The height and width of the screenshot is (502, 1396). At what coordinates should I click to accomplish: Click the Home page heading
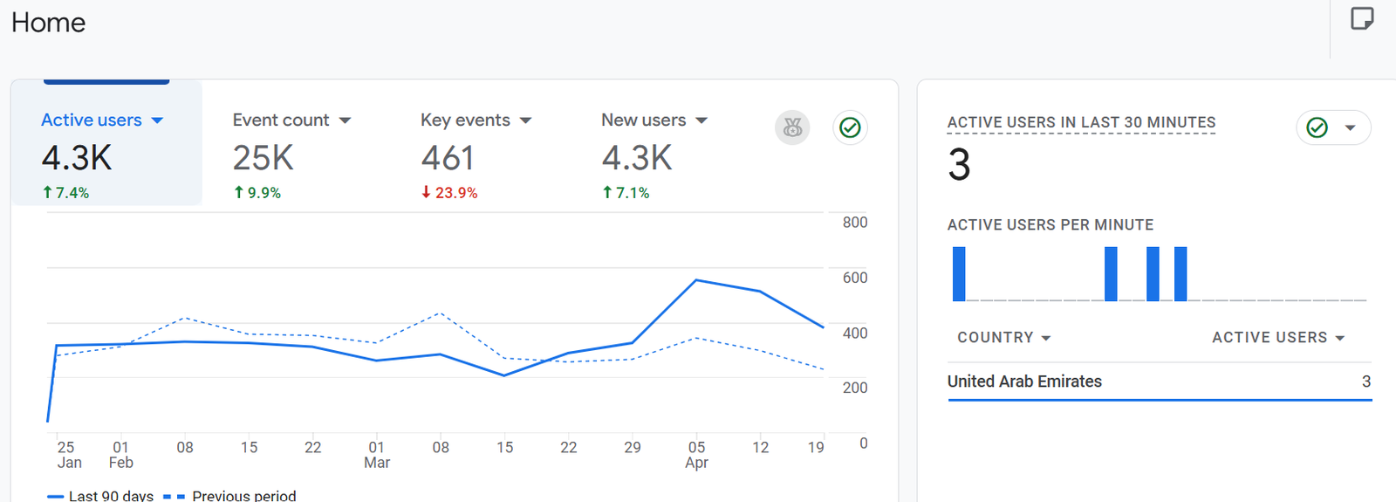(x=49, y=23)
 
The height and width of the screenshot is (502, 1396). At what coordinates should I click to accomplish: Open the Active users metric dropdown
(x=157, y=120)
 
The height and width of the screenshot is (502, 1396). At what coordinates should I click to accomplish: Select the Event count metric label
(x=281, y=120)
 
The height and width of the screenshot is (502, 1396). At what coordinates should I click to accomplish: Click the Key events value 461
(x=448, y=159)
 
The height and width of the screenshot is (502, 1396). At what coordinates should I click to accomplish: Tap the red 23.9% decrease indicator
(x=449, y=193)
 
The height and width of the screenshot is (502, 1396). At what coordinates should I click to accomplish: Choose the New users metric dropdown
(x=701, y=120)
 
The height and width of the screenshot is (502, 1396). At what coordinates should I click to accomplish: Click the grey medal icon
(x=792, y=127)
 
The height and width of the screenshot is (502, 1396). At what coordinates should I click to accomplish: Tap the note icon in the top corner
(x=1362, y=18)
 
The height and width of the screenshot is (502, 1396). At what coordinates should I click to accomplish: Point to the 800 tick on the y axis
(x=854, y=223)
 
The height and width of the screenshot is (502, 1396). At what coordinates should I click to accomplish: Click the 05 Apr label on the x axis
(x=696, y=455)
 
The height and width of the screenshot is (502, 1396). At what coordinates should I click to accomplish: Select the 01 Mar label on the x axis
(x=377, y=455)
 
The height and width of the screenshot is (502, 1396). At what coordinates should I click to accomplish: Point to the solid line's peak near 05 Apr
(x=696, y=280)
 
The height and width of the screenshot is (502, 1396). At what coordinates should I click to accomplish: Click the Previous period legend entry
(x=243, y=495)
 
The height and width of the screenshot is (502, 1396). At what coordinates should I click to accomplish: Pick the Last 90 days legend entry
(x=111, y=495)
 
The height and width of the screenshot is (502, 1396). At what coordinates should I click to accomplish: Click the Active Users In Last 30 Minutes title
(x=1081, y=123)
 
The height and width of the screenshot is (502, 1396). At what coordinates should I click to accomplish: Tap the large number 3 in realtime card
(x=959, y=165)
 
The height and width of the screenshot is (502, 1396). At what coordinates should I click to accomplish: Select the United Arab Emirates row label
(x=1024, y=382)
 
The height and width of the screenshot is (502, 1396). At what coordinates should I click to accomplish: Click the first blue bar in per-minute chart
(x=959, y=274)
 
